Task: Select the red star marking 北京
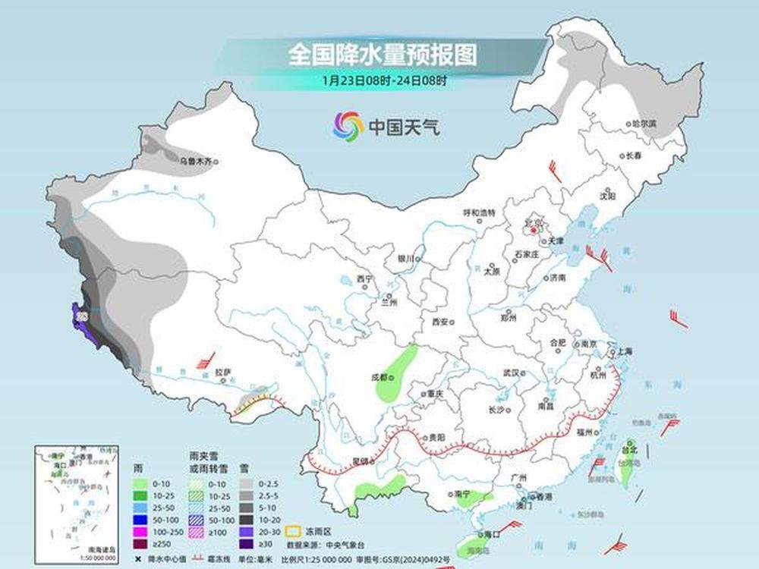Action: pyautogui.click(x=534, y=228)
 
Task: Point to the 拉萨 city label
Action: pyautogui.click(x=222, y=373)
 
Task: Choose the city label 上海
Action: pyautogui.click(x=625, y=351)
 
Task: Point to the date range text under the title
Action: pyautogui.click(x=384, y=79)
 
